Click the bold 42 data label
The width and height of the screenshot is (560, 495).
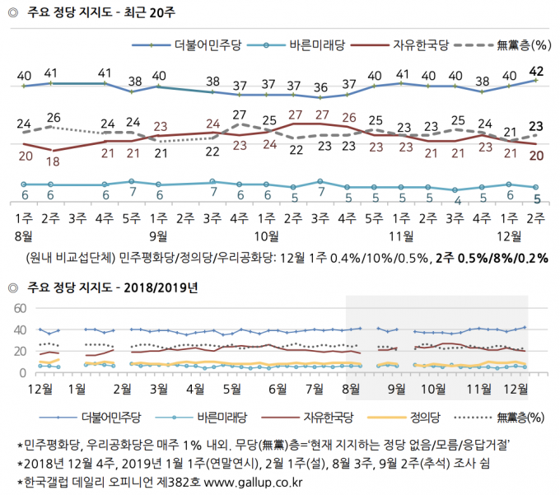[x=536, y=72]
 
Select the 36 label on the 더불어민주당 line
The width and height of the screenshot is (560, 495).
[x=320, y=87]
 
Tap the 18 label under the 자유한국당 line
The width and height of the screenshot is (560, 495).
[x=53, y=161]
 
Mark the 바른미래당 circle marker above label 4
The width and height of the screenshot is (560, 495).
[x=455, y=190]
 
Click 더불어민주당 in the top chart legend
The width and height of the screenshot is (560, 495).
[x=208, y=45]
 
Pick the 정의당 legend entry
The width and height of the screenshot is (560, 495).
[x=425, y=417]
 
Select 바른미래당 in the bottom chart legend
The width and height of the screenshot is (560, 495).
[x=222, y=417]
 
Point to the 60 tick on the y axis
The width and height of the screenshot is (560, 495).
[x=20, y=308]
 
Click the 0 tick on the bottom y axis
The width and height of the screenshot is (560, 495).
[x=23, y=373]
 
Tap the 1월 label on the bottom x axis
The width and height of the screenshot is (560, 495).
[x=77, y=390]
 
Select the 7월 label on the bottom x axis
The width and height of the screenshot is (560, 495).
[x=315, y=390]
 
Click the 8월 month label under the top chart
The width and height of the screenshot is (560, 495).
[x=24, y=236]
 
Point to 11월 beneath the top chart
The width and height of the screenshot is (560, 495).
[x=401, y=236]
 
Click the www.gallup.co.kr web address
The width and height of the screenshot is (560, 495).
[x=253, y=483]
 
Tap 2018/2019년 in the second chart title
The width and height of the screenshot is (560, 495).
[x=161, y=287]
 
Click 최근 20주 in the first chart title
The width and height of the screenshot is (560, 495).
[x=150, y=12]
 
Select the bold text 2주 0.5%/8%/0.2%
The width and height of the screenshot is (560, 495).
[x=492, y=258]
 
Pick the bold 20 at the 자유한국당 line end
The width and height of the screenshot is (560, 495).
[x=536, y=156]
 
